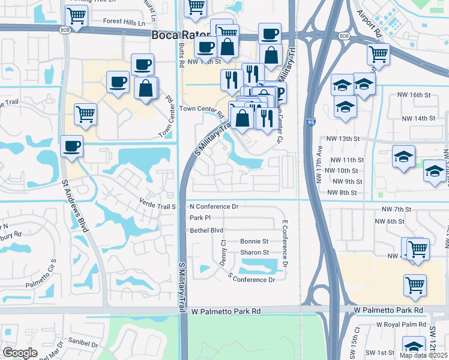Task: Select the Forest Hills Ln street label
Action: [x=124, y=22]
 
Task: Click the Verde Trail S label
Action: [x=157, y=206]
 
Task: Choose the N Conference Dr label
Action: [x=214, y=206]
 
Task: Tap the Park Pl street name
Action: [x=200, y=218]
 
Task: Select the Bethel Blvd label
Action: [x=206, y=230]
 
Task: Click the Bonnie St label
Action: [x=254, y=242]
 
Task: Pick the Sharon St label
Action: [x=254, y=253]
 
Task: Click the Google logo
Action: [x=20, y=353]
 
